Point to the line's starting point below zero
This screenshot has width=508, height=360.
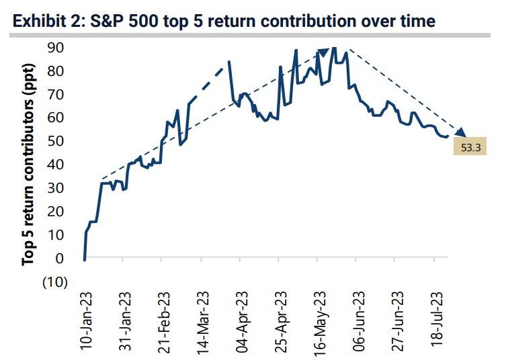[x=85, y=259]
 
